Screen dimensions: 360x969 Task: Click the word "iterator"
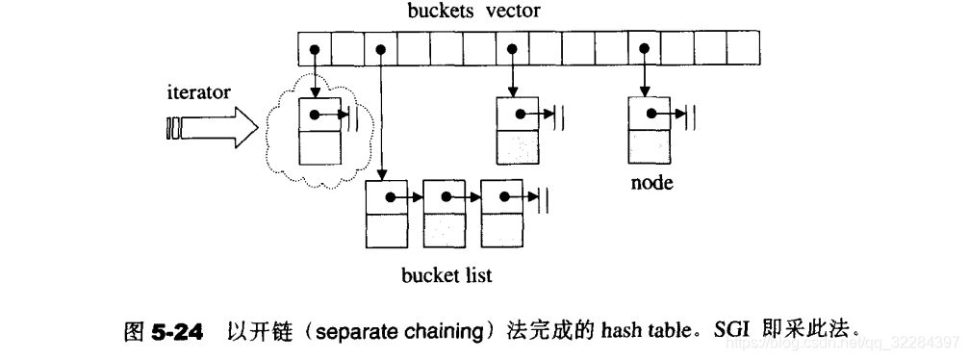coord(199,93)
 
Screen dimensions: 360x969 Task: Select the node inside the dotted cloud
coord(319,131)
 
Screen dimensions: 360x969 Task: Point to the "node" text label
coord(651,183)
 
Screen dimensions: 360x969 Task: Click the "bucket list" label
coord(446,275)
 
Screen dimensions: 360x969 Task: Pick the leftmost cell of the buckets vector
coord(313,47)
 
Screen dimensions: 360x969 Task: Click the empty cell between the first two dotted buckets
coord(346,47)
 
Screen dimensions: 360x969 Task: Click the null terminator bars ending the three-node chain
coord(545,198)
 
